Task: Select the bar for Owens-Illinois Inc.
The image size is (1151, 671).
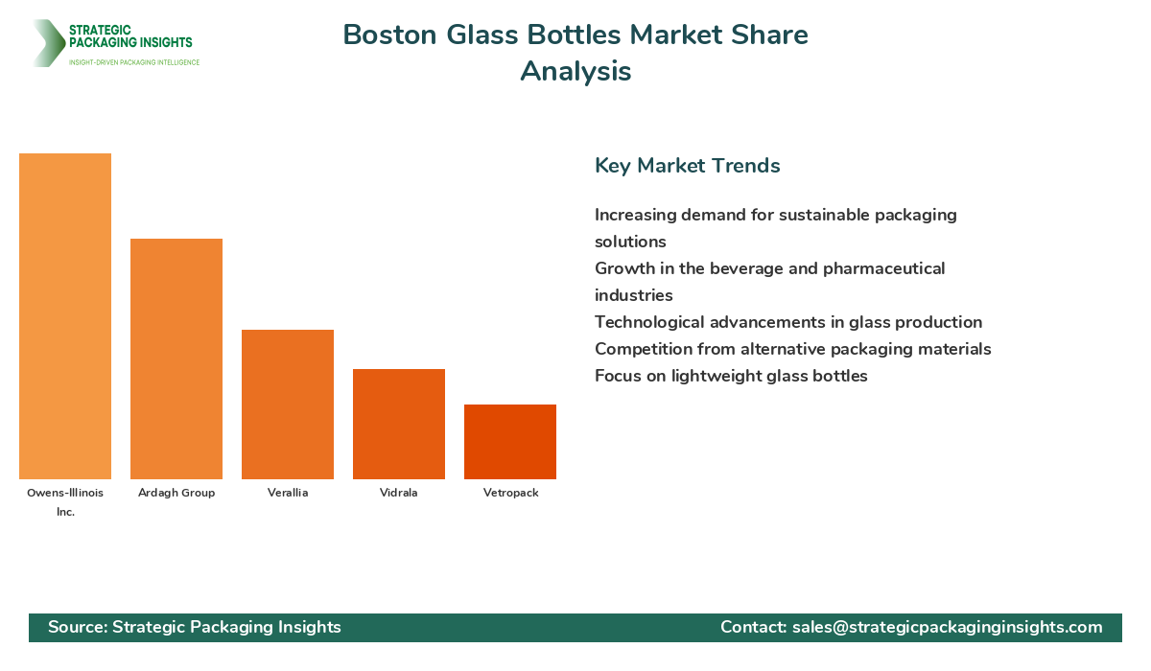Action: pyautogui.click(x=65, y=316)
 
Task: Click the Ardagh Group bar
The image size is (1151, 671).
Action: pyautogui.click(x=176, y=359)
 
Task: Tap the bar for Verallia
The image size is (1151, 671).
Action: pyautogui.click(x=288, y=405)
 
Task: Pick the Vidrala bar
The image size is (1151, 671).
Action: pyautogui.click(x=399, y=424)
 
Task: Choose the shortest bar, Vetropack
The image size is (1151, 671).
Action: pyautogui.click(x=510, y=442)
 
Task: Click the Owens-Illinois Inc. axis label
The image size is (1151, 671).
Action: pyautogui.click(x=65, y=501)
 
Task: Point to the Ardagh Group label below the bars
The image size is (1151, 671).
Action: pyautogui.click(x=176, y=493)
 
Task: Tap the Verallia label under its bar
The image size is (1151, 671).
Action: pyautogui.click(x=288, y=493)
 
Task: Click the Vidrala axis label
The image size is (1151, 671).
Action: pyautogui.click(x=399, y=493)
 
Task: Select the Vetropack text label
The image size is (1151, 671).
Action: pyautogui.click(x=510, y=493)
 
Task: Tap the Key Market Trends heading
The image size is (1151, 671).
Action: pyautogui.click(x=687, y=166)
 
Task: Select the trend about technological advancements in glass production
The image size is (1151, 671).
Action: pyautogui.click(x=787, y=322)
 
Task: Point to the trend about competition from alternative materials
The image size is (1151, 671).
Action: pyautogui.click(x=792, y=349)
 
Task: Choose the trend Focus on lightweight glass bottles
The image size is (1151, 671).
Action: pyautogui.click(x=731, y=376)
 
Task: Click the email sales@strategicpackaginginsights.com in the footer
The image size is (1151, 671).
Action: pyautogui.click(x=947, y=627)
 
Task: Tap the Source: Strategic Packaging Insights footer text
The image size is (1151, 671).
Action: pyautogui.click(x=195, y=627)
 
